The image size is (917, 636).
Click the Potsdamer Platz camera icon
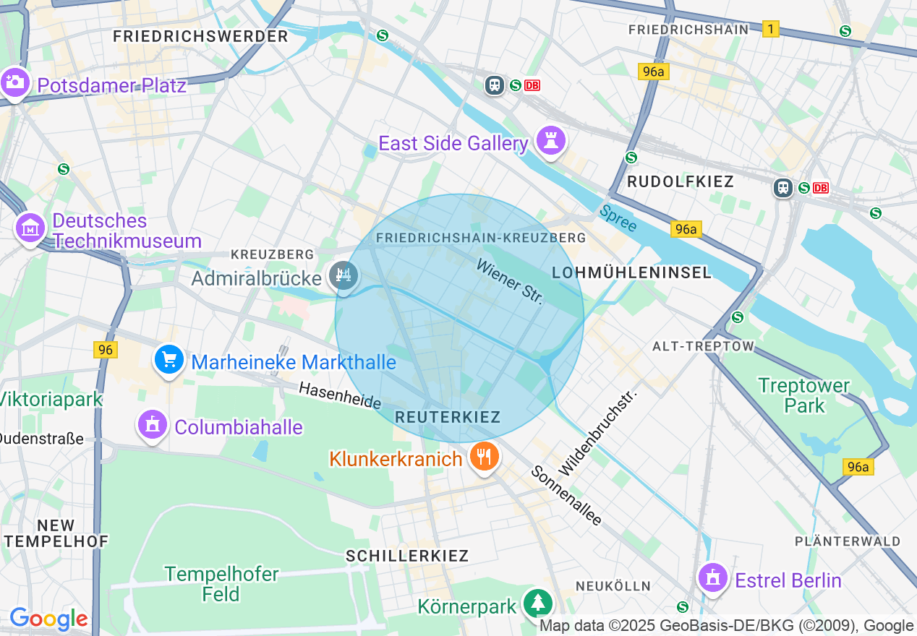(14, 82)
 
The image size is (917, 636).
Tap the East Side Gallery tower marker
(550, 140)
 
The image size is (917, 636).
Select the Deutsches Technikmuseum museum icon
(30, 228)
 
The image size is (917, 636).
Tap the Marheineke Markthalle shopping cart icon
(169, 358)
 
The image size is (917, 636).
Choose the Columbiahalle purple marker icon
(152, 424)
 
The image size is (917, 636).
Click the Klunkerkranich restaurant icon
(483, 456)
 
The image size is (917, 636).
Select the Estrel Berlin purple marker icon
(713, 577)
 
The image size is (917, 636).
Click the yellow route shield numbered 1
(771, 29)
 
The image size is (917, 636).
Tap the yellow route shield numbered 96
(106, 350)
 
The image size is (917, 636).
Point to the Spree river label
(618, 218)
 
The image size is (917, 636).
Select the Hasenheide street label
(340, 395)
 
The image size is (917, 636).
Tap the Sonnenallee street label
(566, 496)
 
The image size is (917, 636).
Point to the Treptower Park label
(803, 395)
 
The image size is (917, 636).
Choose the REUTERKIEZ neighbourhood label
(448, 417)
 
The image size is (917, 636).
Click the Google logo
(48, 619)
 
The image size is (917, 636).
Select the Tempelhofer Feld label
(221, 584)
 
